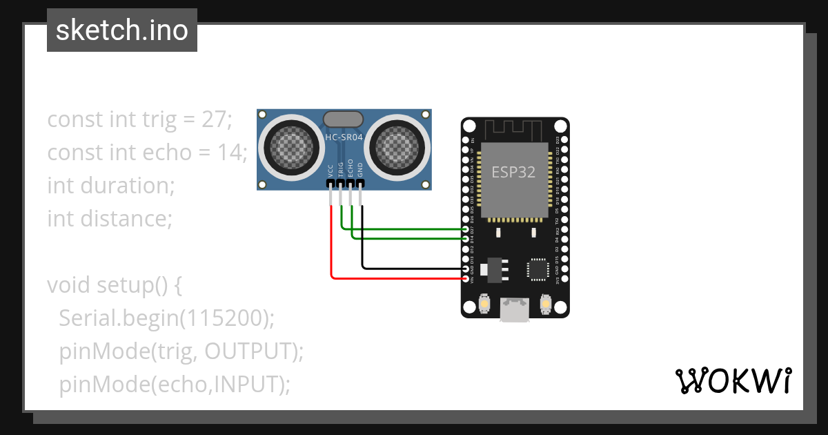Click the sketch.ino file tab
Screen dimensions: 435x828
(121, 30)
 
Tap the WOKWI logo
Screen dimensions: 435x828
(732, 380)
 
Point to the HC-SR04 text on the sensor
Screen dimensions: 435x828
(344, 137)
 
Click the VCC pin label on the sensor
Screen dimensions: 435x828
(331, 171)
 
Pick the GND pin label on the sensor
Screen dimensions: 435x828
(360, 171)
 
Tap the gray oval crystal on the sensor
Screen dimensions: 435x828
(343, 119)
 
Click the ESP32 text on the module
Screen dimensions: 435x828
(513, 172)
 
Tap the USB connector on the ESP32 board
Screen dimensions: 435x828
(514, 309)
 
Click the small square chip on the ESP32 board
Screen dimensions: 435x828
(538, 269)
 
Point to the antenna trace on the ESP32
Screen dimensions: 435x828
(515, 130)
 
